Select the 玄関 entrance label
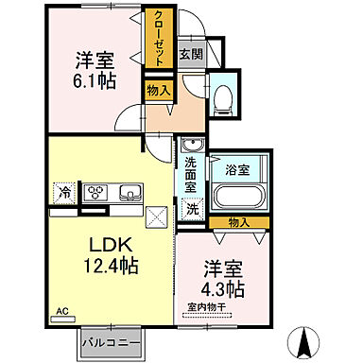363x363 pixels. click(189, 54)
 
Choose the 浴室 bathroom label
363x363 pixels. click(237, 170)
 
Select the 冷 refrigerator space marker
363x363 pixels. click(66, 194)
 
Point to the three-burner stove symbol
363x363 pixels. click(97, 194)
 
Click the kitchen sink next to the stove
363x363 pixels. click(128, 194)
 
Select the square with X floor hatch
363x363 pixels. click(156, 216)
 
